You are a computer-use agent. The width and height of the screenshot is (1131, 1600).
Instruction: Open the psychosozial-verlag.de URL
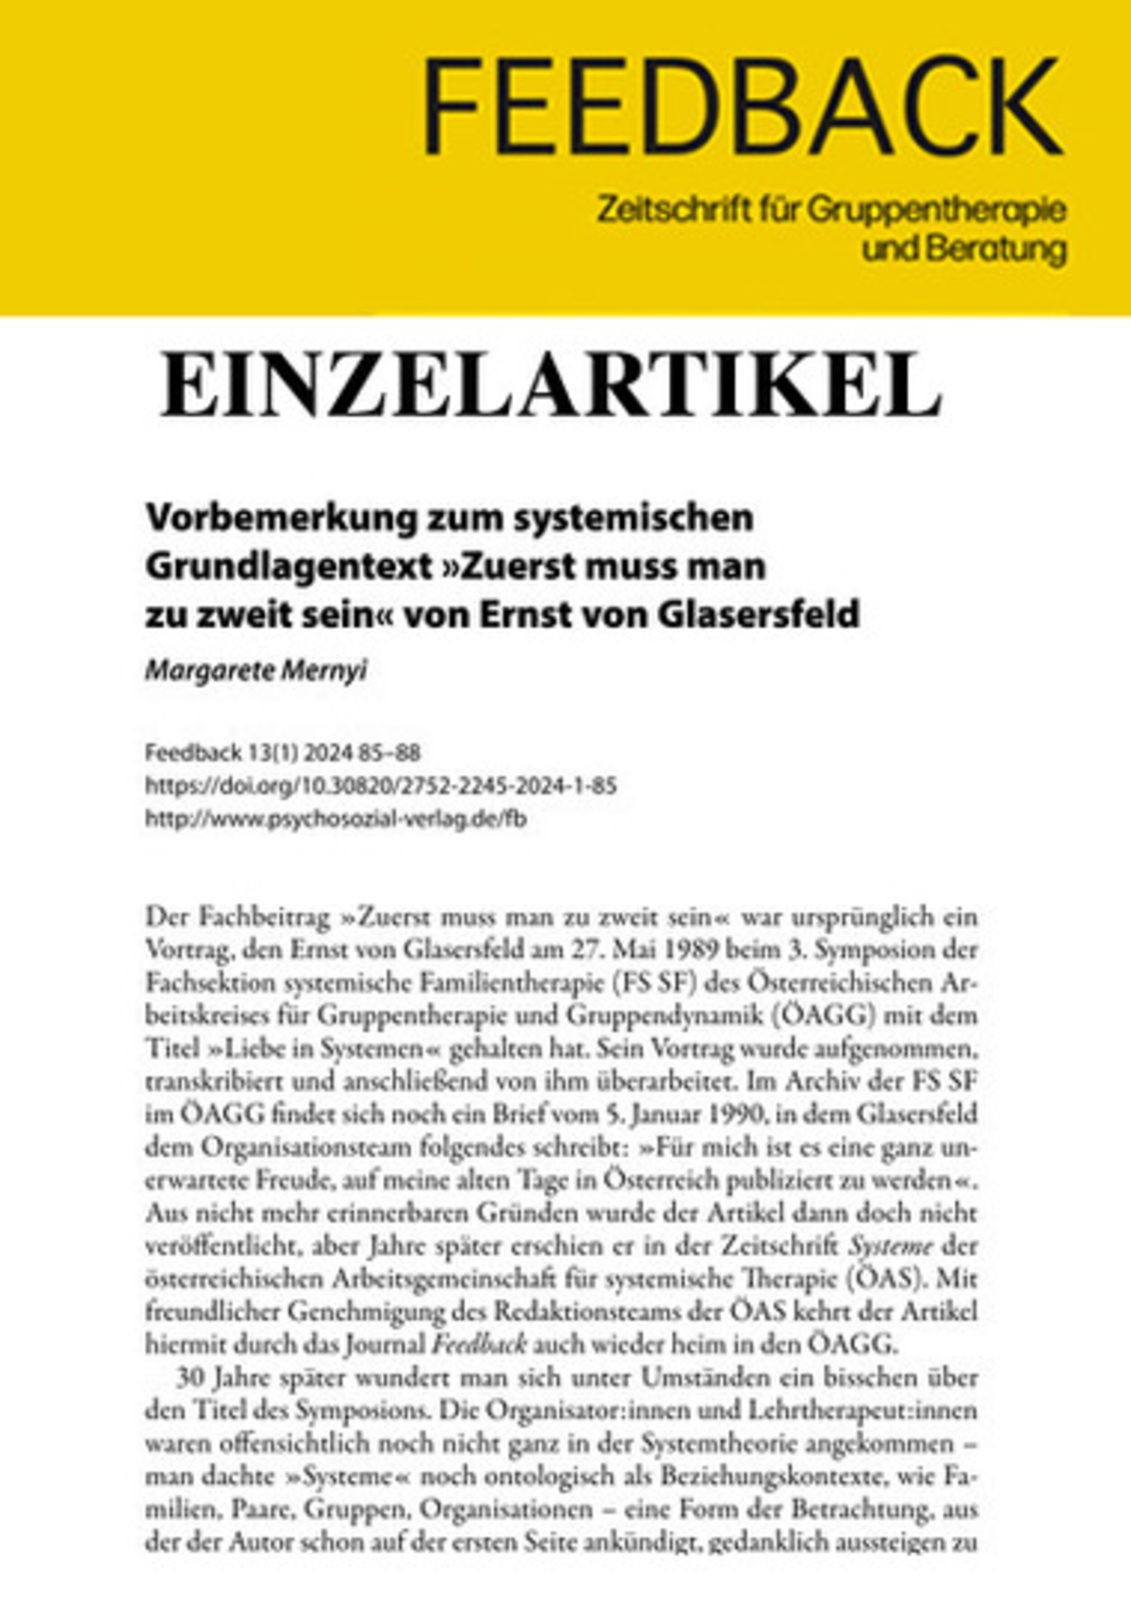[x=335, y=820]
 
